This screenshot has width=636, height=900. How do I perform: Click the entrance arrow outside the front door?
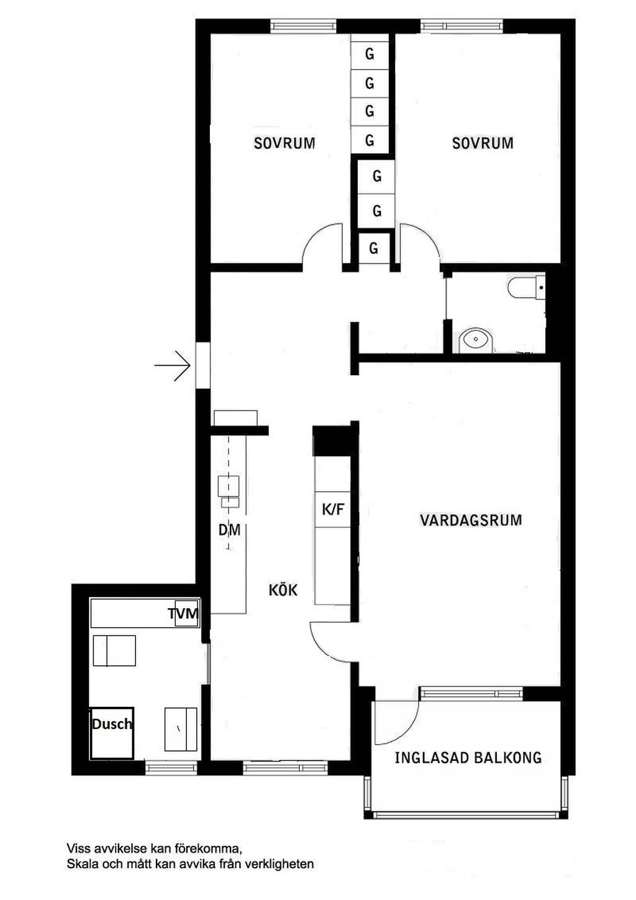click(173, 365)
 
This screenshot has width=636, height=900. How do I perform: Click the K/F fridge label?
click(333, 509)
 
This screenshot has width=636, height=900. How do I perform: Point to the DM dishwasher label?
click(229, 530)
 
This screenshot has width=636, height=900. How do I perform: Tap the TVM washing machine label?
click(183, 614)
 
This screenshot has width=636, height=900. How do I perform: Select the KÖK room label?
click(283, 590)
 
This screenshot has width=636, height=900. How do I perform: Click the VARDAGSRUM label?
click(471, 520)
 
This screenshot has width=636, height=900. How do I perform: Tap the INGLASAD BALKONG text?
click(468, 758)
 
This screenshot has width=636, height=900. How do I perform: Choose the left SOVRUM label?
click(284, 143)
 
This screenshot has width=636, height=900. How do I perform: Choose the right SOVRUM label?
click(483, 143)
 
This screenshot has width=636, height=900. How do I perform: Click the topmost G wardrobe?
click(370, 54)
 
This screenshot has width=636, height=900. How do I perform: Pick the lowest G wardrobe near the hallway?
click(374, 248)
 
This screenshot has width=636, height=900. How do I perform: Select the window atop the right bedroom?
click(461, 26)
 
